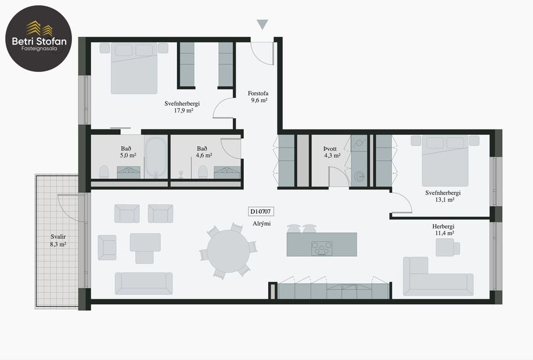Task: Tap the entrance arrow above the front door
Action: point(262,24)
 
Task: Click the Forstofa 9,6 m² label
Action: point(258,96)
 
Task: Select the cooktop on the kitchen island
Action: point(322,249)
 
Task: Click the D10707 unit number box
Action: point(261,212)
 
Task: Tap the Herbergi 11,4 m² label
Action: point(443,229)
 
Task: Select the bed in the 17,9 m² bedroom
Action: point(134,69)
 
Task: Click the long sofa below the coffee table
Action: point(143,283)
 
